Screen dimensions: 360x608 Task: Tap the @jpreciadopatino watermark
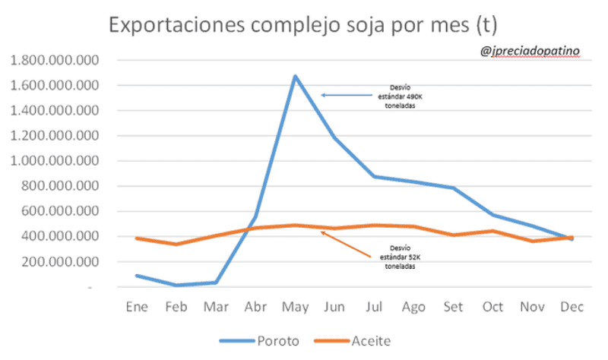click(x=530, y=51)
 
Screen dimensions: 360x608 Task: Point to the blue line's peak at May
click(x=295, y=76)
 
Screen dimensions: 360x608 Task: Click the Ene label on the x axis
click(x=136, y=306)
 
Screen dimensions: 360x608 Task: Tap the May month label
click(x=295, y=306)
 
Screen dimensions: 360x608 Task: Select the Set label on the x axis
click(x=453, y=306)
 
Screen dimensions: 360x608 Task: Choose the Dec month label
click(x=572, y=306)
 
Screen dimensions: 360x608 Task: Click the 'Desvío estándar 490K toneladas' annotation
click(x=399, y=96)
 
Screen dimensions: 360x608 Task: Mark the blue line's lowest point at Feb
click(x=176, y=286)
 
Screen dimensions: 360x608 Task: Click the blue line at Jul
click(x=374, y=176)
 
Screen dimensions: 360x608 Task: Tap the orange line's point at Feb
click(x=176, y=244)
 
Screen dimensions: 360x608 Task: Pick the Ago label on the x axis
click(x=413, y=306)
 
